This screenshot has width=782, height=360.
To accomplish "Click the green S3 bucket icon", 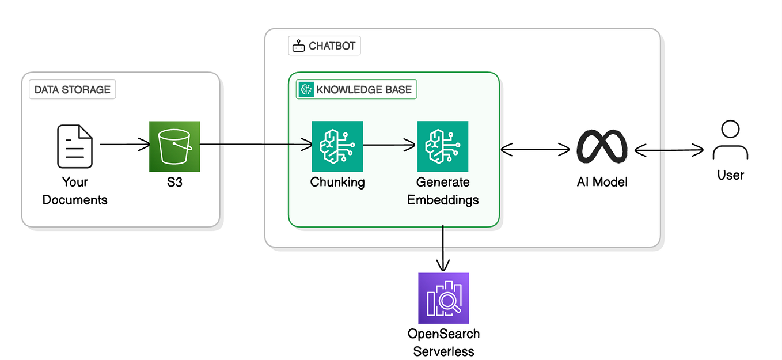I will click(x=174, y=146).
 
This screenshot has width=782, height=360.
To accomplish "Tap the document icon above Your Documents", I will click(x=75, y=146).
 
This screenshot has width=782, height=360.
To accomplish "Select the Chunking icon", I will click(x=337, y=146).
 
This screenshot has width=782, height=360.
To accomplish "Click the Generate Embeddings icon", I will click(x=442, y=146).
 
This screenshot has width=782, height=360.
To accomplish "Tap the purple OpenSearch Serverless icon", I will click(x=443, y=298).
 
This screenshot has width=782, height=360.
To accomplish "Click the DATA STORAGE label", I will click(x=72, y=90).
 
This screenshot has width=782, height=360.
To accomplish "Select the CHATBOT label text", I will click(x=332, y=46).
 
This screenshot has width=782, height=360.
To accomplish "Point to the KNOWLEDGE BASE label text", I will click(x=364, y=89).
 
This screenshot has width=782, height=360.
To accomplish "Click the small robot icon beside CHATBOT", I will click(x=299, y=46).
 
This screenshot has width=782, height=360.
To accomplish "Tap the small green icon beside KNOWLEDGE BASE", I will click(x=306, y=89).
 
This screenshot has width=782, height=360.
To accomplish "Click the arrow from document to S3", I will click(x=124, y=146).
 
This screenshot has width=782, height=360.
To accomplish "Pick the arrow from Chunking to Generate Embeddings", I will click(x=389, y=146).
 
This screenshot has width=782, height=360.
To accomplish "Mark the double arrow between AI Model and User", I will click(x=669, y=150).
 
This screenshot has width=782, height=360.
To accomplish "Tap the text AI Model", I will click(x=602, y=182).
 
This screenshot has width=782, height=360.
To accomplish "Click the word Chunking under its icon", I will click(x=337, y=182).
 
